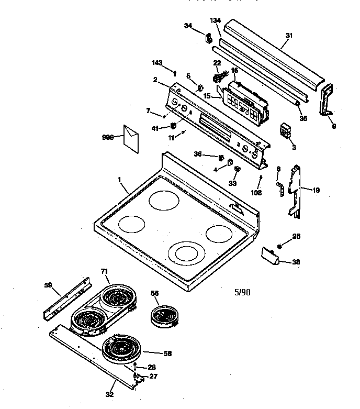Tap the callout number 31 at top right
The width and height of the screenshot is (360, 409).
(x=289, y=36)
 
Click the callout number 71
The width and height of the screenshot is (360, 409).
(x=104, y=271)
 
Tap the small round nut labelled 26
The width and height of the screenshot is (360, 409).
(x=280, y=246)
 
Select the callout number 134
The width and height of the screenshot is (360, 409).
(x=215, y=20)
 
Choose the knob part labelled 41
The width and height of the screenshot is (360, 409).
(x=173, y=126)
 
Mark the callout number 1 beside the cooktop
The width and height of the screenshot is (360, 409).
(x=119, y=180)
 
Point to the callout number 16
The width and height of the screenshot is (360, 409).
(x=234, y=70)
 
